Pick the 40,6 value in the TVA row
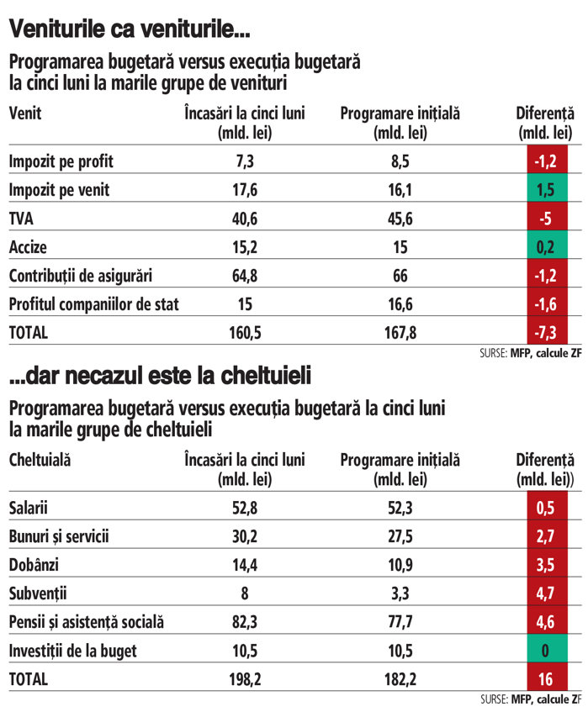tap(244, 219)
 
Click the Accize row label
tap(28, 247)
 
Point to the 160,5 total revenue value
tap(244, 333)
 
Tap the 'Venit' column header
tap(25, 113)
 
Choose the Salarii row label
tap(29, 508)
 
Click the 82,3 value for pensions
tap(244, 622)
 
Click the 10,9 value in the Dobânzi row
tap(400, 565)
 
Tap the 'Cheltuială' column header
tap(40, 460)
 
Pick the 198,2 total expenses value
tap(244, 679)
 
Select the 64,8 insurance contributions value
tap(244, 276)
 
